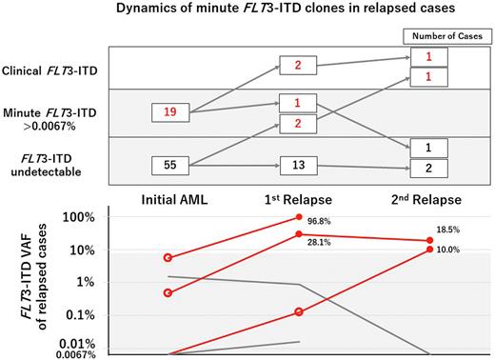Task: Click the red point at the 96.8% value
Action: click(x=299, y=218)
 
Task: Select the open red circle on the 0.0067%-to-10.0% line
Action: click(x=299, y=311)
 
